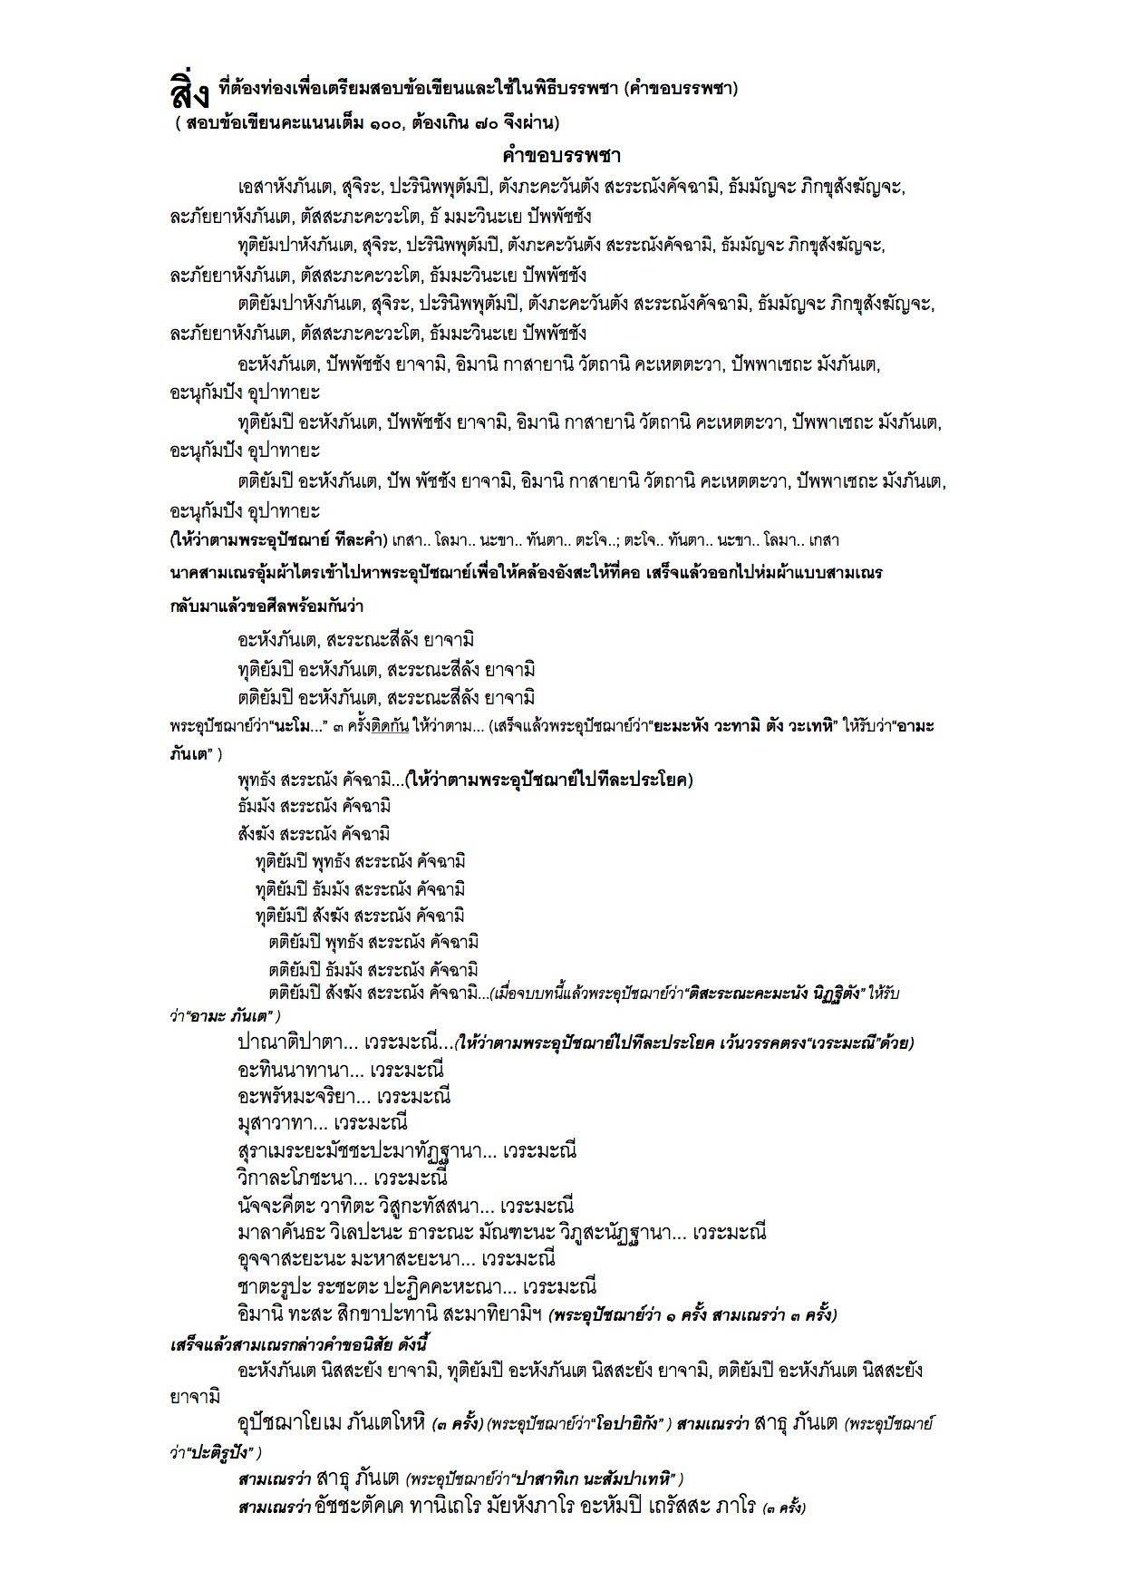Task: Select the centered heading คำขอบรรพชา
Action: coord(561,154)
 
